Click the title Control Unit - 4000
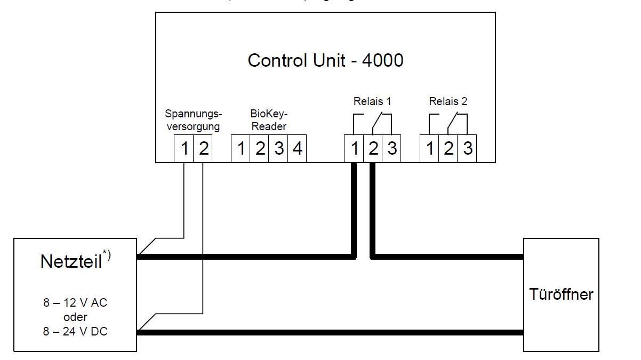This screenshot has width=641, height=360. click(x=325, y=60)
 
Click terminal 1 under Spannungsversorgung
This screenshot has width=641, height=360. click(x=184, y=149)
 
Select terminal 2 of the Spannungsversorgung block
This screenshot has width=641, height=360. click(x=203, y=149)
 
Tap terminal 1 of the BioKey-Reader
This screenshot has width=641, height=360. click(x=241, y=149)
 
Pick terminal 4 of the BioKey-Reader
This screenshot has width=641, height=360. click(x=298, y=149)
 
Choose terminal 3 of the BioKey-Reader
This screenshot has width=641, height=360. click(x=279, y=149)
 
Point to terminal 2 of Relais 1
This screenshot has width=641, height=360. click(x=373, y=149)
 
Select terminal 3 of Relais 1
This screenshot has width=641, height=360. click(x=392, y=149)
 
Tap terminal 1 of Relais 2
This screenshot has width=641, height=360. click(x=430, y=149)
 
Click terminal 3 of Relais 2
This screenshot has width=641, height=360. click(x=468, y=149)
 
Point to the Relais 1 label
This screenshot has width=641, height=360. click(x=372, y=101)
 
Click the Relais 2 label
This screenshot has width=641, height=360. click(x=448, y=101)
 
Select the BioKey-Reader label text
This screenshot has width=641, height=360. click(x=268, y=120)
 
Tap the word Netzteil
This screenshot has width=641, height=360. click(x=70, y=262)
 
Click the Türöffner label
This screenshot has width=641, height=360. click(x=561, y=294)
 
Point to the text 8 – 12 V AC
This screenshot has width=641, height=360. click(x=75, y=303)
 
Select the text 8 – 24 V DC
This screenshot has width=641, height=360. click(x=75, y=331)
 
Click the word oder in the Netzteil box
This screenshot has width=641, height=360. click(x=75, y=317)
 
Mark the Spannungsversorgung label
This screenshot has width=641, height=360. click(x=193, y=120)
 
